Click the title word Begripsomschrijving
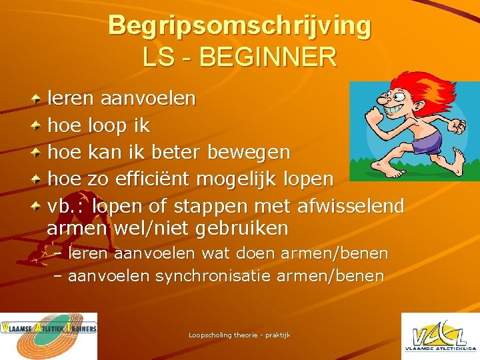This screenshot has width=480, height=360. pos(239,26)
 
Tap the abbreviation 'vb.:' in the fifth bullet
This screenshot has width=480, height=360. pos(67,206)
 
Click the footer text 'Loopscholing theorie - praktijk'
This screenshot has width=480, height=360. pos(239,335)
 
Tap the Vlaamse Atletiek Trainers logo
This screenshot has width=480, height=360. pos(49,336)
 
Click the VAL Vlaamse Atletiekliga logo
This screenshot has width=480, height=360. pos(439,336)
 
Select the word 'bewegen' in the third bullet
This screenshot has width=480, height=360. pos(249,153)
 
